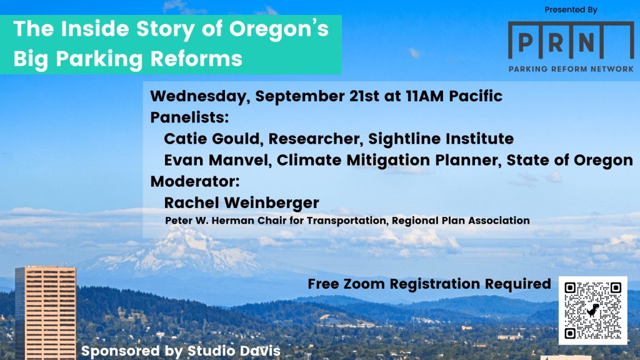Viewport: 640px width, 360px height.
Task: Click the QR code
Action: [x=592, y=310]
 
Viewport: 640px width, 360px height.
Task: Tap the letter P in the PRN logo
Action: [x=526, y=42]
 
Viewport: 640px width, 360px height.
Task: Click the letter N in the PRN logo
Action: [x=586, y=42]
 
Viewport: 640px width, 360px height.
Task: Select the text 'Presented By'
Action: [x=571, y=9]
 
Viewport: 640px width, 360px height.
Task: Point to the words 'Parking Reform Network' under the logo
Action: [x=571, y=69]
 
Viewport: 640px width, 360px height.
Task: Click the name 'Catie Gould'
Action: [x=201, y=138]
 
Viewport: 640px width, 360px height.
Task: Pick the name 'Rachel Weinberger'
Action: [x=241, y=202]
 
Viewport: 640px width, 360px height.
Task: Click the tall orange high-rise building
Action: [x=45, y=312]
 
